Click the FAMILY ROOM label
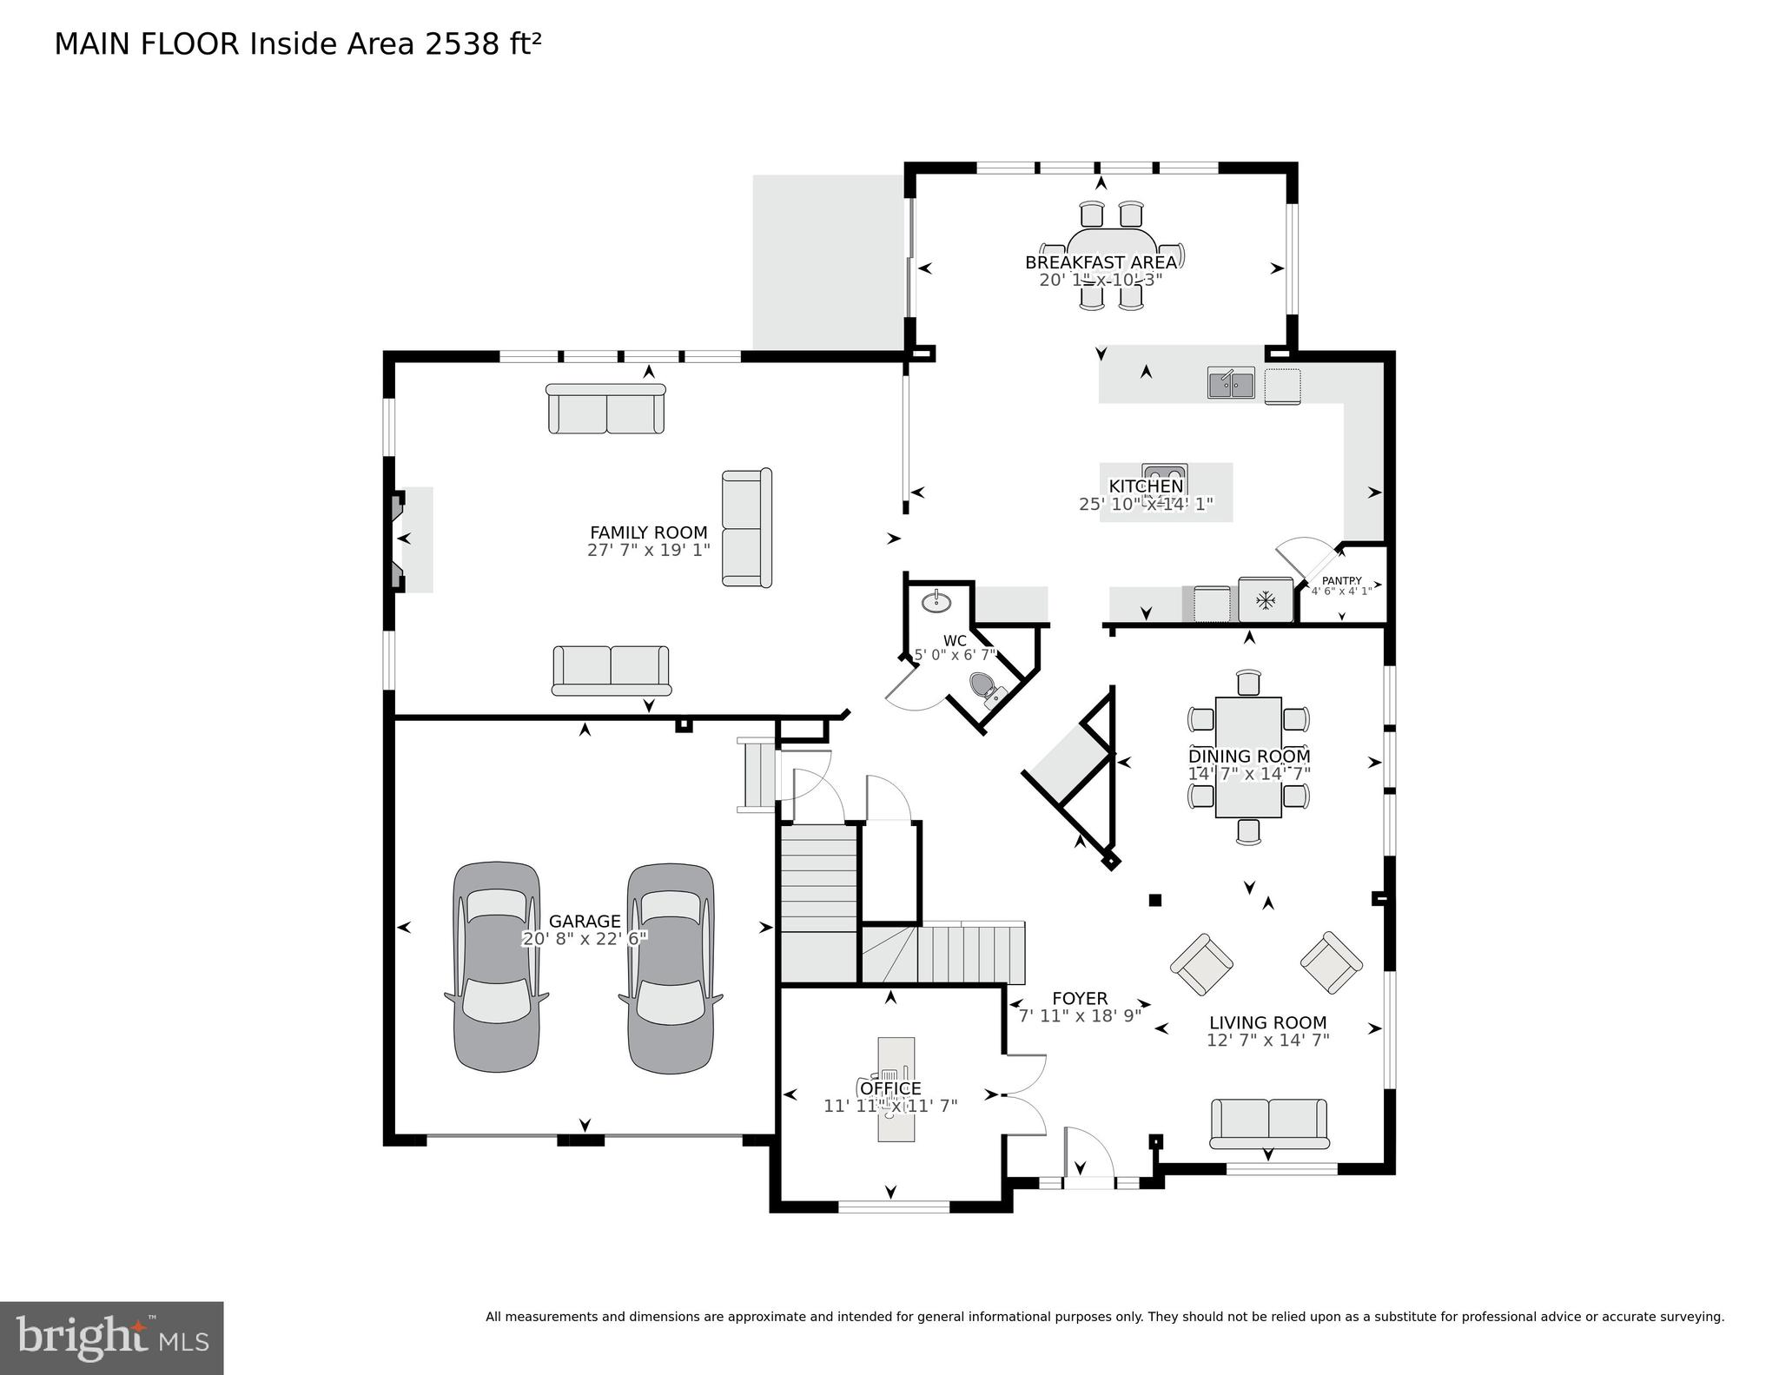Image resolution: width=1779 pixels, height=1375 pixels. tap(648, 532)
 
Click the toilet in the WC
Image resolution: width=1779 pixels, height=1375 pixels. tap(989, 688)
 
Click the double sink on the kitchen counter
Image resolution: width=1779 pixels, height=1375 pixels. tap(1231, 383)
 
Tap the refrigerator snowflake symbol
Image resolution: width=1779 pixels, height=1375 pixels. tap(1266, 599)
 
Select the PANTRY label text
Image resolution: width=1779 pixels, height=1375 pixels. tap(1341, 581)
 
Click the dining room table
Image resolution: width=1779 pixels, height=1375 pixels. tap(1248, 757)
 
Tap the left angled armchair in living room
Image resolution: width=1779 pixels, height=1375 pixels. tap(1201, 964)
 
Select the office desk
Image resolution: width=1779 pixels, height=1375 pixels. tap(896, 1088)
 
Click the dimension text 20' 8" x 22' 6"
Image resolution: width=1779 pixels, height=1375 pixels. tap(585, 939)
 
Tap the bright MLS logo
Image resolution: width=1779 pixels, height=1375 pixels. tap(111, 1338)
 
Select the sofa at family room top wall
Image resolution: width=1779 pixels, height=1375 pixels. tap(605, 409)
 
